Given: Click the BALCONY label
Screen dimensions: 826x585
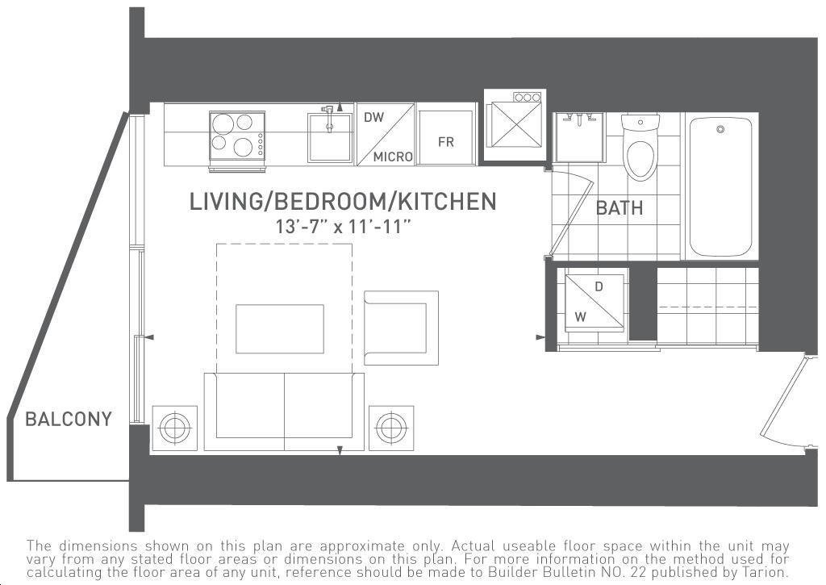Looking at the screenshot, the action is coord(69,419).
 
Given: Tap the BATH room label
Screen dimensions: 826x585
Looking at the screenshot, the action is coord(619,207).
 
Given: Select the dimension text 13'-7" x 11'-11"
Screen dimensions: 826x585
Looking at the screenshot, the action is coord(343,227).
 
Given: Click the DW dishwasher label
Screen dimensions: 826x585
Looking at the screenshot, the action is coord(374,117).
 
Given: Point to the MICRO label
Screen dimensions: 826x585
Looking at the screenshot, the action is coord(393,157).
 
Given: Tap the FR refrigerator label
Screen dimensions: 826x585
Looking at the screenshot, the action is coord(445,142).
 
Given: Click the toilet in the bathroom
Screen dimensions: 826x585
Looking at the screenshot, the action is coord(640,148).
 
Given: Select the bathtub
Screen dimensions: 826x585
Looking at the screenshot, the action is coord(720,186).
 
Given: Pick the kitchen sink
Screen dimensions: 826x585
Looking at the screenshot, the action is coord(330,136).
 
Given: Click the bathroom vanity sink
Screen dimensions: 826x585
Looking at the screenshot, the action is coord(579,138).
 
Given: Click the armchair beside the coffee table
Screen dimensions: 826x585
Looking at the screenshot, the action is coord(401,328).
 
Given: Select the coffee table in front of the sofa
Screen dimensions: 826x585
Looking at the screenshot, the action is coord(280,329).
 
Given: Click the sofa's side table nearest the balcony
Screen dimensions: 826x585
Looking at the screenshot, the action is coord(175,428).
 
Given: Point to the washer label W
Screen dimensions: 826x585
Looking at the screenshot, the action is coord(580,317).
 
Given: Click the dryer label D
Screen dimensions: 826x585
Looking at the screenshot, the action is coord(599,286).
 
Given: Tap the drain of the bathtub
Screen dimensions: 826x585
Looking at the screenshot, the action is coord(720,129).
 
